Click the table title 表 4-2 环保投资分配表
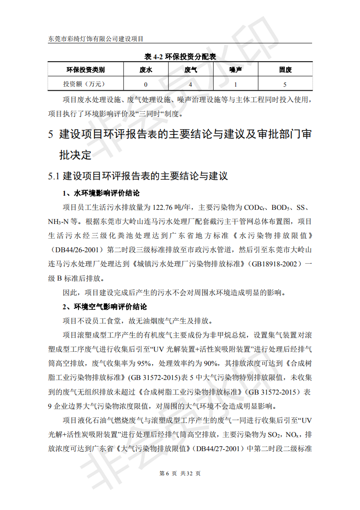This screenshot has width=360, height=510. coord(180,57)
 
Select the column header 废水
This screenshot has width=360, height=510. coord(146,70)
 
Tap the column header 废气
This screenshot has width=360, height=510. coord(191,70)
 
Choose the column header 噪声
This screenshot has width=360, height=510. coord(235,70)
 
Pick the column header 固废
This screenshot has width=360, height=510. coord(285,70)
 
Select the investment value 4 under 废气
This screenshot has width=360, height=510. coord(191,84)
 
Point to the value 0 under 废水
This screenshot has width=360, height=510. coord(146,84)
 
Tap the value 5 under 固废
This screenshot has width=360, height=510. coord(285,84)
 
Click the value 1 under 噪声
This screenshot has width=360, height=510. coord(235,84)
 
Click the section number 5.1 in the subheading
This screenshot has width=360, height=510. coord(54,177)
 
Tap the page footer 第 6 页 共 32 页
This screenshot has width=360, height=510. coord(180,474)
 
